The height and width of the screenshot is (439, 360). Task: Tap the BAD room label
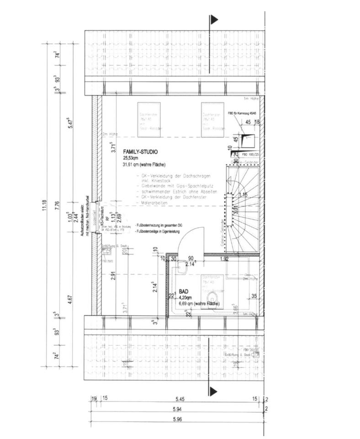click(x=184, y=291)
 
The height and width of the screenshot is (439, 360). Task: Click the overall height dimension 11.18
click(x=44, y=203)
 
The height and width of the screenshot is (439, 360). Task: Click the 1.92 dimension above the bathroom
click(x=224, y=259)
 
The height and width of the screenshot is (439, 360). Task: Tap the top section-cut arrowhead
click(x=214, y=19)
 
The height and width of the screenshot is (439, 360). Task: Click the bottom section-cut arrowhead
click(x=214, y=391)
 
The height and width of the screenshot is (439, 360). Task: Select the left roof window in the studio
click(x=149, y=117)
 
